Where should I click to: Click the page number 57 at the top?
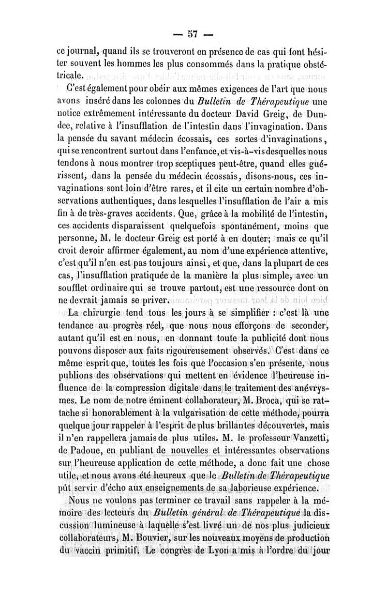pos(193,35)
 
